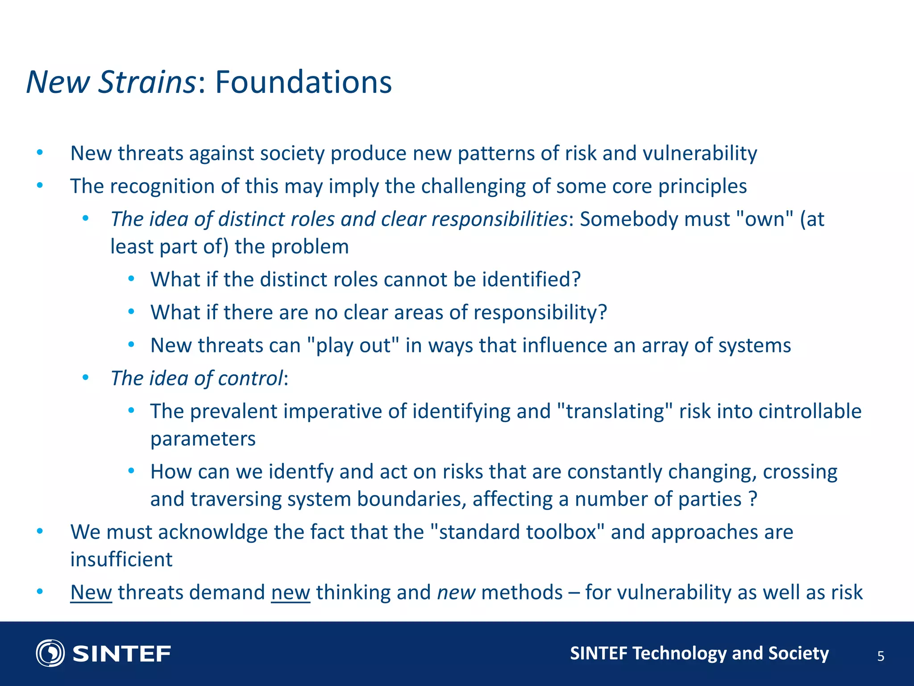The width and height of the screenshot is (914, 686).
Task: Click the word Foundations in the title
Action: (x=303, y=82)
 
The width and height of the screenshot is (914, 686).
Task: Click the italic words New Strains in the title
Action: (x=111, y=82)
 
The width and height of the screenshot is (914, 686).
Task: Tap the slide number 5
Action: (x=881, y=656)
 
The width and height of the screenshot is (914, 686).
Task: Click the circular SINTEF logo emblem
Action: (x=50, y=653)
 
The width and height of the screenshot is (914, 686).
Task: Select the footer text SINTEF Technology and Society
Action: (x=699, y=653)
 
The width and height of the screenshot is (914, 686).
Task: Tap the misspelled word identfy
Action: (x=301, y=472)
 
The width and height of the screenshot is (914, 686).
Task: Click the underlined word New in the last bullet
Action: (x=91, y=593)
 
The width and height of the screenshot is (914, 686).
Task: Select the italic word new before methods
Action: (x=456, y=593)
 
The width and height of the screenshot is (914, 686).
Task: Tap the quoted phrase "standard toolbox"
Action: (x=517, y=532)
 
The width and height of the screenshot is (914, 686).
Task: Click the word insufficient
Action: (x=121, y=560)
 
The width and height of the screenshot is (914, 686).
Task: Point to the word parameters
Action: (x=203, y=439)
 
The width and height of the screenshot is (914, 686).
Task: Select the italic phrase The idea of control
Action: (x=196, y=379)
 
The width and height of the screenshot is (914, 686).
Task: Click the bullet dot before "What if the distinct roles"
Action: (x=131, y=279)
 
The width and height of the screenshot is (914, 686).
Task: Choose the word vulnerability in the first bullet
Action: (x=699, y=153)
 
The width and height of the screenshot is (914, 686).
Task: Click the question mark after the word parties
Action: (x=753, y=499)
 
